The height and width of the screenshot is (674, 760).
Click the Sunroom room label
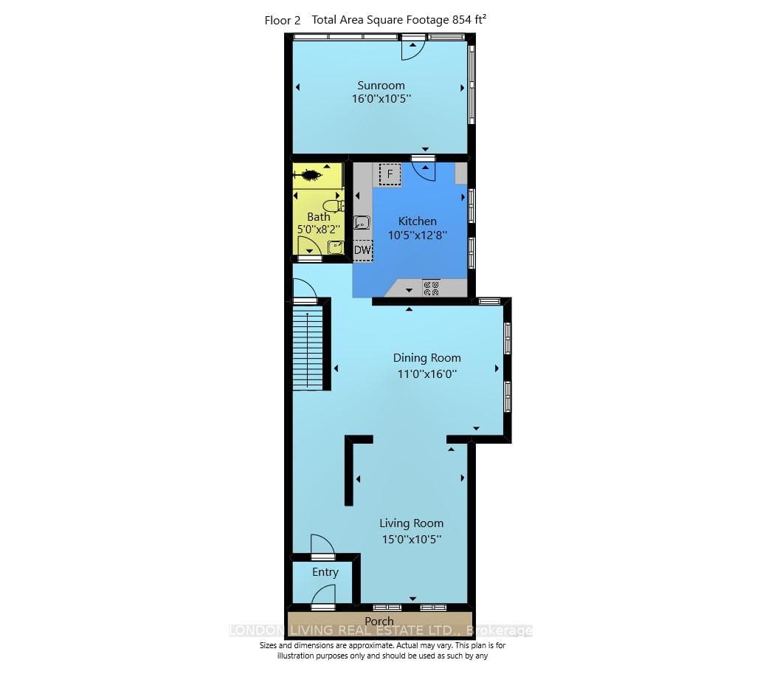pyautogui.click(x=381, y=86)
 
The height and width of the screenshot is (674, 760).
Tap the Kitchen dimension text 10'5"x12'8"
pyautogui.click(x=418, y=235)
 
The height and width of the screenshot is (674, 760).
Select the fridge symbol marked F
pyautogui.click(x=390, y=174)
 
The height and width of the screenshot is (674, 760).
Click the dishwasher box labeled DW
pyautogui.click(x=362, y=250)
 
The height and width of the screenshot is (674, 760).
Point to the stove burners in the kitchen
pyautogui.click(x=431, y=288)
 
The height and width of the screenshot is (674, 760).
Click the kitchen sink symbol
pyautogui.click(x=362, y=222)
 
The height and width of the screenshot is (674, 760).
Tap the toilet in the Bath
pyautogui.click(x=334, y=206)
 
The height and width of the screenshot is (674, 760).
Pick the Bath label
pyautogui.click(x=319, y=217)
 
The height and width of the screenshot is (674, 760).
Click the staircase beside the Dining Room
pyautogui.click(x=308, y=345)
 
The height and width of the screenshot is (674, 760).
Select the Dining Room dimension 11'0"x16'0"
pyautogui.click(x=427, y=374)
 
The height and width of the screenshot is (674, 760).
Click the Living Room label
pyautogui.click(x=411, y=523)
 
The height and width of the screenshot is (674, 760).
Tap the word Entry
pyautogui.click(x=325, y=572)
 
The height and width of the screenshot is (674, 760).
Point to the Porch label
pyautogui.click(x=379, y=621)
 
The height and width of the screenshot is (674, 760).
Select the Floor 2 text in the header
pyautogui.click(x=282, y=21)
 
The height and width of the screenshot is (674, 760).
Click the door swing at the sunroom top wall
pyautogui.click(x=413, y=49)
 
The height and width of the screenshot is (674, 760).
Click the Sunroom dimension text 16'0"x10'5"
pyautogui.click(x=381, y=98)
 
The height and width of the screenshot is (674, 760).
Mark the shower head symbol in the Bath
pyautogui.click(x=307, y=175)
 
